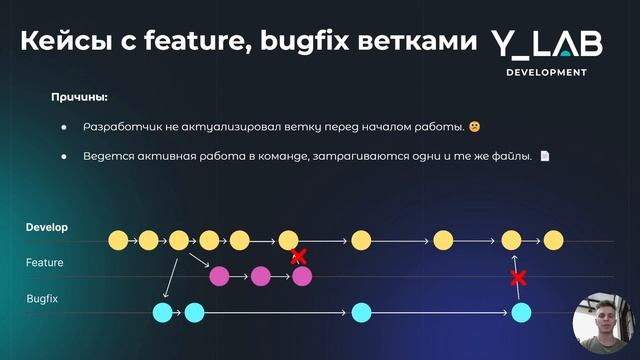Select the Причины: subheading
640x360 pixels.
pyautogui.click(x=79, y=98)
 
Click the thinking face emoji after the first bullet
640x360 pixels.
pyautogui.click(x=474, y=127)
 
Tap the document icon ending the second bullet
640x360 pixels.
pyautogui.click(x=545, y=156)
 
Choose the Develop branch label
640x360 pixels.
pyautogui.click(x=46, y=228)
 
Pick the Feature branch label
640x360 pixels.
pyautogui.click(x=44, y=263)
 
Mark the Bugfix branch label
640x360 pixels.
pyautogui.click(x=42, y=299)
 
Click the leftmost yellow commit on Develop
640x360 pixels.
pyautogui.click(x=118, y=240)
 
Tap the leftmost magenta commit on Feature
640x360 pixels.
pyautogui.click(x=220, y=275)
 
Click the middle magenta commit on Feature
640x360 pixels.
pyautogui.click(x=261, y=275)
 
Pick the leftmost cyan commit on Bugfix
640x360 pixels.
pyautogui.click(x=162, y=313)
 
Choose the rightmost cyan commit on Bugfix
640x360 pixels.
pyautogui.click(x=519, y=313)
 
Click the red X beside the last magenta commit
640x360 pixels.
pyautogui.click(x=298, y=257)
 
